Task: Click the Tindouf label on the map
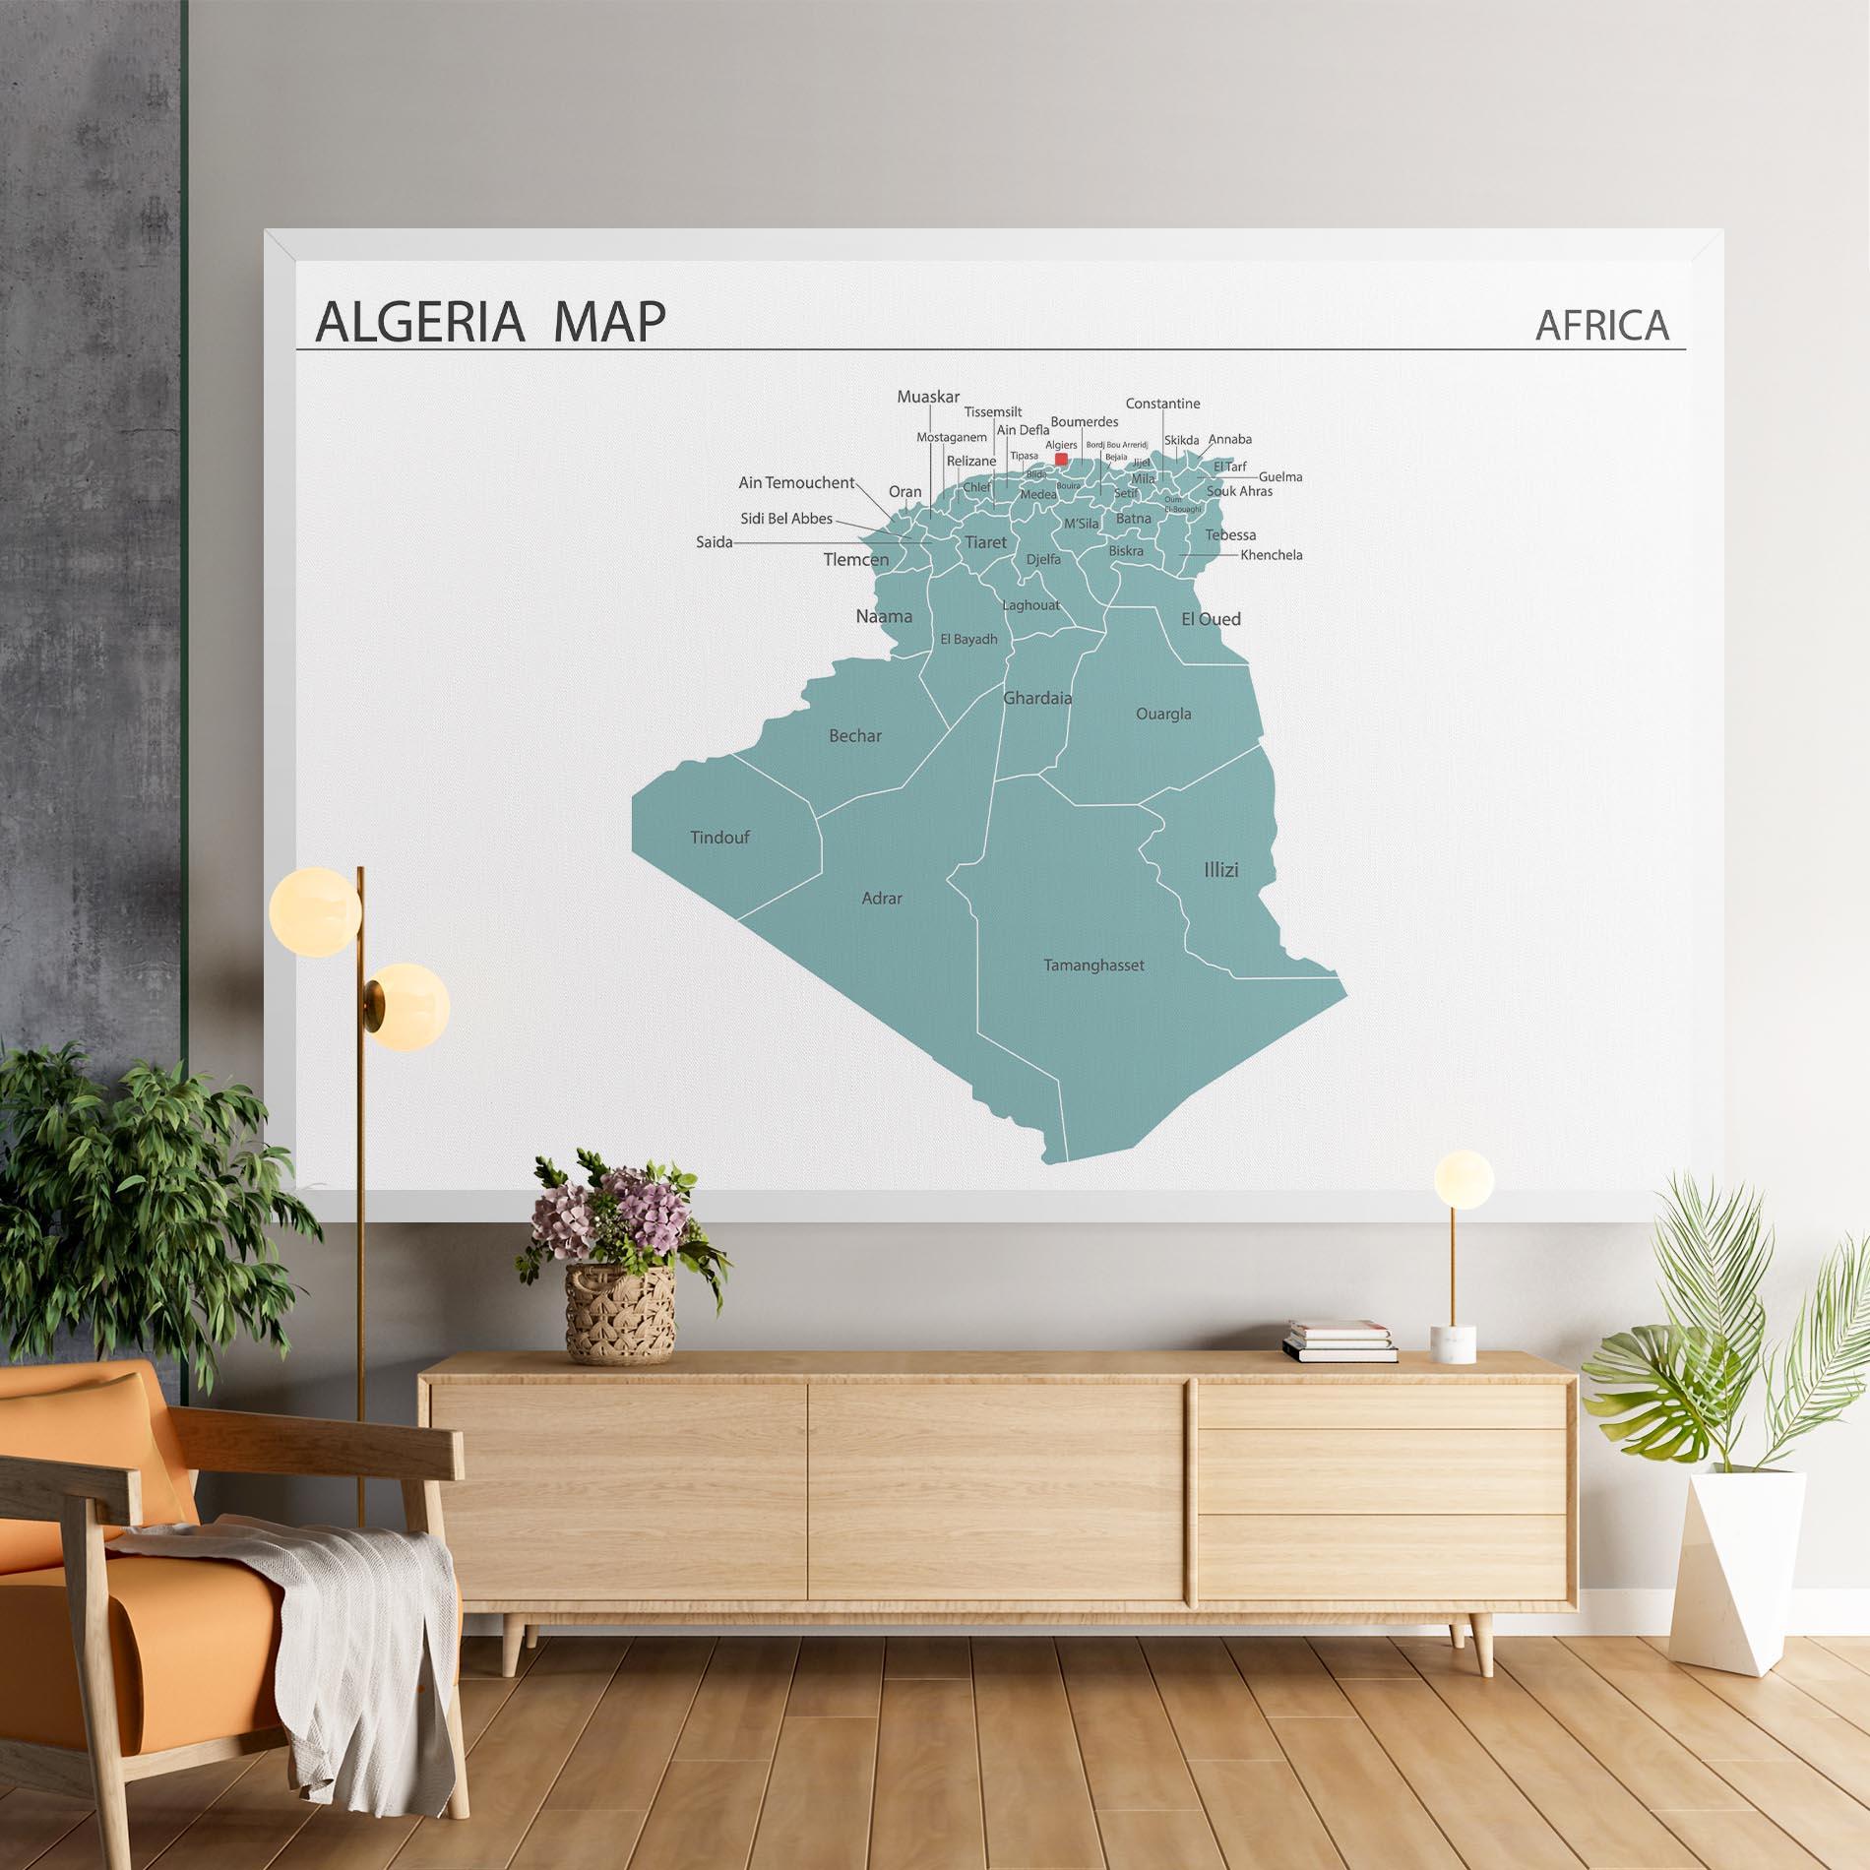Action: pyautogui.click(x=719, y=838)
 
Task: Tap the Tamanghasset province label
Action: pyautogui.click(x=1093, y=966)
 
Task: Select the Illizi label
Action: pyautogui.click(x=1220, y=870)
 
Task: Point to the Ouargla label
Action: pyautogui.click(x=1163, y=715)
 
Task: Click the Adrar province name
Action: pyautogui.click(x=882, y=899)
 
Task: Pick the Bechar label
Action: pyautogui.click(x=855, y=736)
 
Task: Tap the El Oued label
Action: pyautogui.click(x=1211, y=619)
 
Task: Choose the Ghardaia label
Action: pyautogui.click(x=1037, y=699)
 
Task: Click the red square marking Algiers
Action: pyautogui.click(x=1061, y=459)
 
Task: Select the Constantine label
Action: pyautogui.click(x=1162, y=404)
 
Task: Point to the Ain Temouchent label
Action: pyautogui.click(x=796, y=483)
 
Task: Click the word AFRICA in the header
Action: pyautogui.click(x=1602, y=325)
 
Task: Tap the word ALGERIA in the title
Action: pyautogui.click(x=419, y=321)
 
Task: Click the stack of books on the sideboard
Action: pyautogui.click(x=1340, y=1341)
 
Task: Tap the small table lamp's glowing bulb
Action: pyautogui.click(x=1463, y=1177)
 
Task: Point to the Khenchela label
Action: pyautogui.click(x=1271, y=555)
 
